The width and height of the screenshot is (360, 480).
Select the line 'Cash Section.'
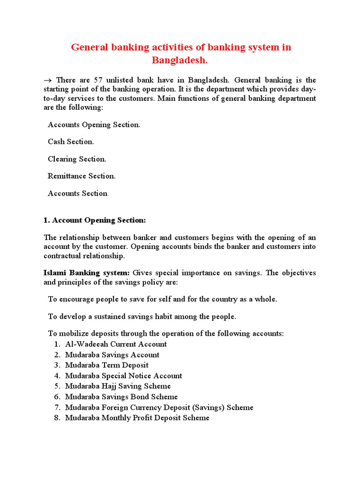click(71, 142)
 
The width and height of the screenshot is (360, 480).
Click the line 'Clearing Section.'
click(77, 159)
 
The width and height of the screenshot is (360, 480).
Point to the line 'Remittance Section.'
click(82, 176)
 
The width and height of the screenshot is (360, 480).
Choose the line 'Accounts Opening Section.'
click(94, 125)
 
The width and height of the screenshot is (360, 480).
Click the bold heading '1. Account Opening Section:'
click(95, 220)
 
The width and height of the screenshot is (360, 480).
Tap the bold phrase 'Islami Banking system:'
click(87, 273)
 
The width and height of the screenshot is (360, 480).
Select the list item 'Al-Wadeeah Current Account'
click(116, 344)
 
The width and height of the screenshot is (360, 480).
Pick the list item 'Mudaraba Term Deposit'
click(107, 365)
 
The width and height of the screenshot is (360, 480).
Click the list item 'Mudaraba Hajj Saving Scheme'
click(118, 386)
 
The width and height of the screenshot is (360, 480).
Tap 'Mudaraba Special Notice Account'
click(123, 375)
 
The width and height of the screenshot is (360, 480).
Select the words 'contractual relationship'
click(84, 256)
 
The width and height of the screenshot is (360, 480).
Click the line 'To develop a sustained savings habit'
click(142, 316)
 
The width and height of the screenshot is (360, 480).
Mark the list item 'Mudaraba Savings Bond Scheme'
click(121, 397)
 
